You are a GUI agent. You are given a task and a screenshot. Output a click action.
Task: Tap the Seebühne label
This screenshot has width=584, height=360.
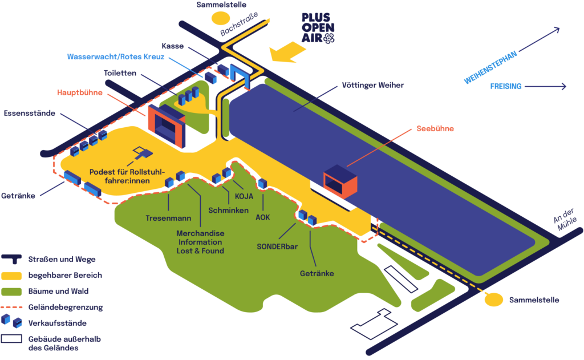pos(435,129)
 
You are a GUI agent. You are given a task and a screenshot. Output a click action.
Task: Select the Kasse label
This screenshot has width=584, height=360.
pos(172,46)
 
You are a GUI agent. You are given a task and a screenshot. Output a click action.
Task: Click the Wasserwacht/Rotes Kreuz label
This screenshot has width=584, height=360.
pos(116,57)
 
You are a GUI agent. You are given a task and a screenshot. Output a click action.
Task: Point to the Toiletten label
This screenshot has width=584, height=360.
pos(120,74)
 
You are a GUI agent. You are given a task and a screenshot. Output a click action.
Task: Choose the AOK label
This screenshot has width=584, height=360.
pos(262,217)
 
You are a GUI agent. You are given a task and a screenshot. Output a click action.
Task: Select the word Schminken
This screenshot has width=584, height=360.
pos(228,211)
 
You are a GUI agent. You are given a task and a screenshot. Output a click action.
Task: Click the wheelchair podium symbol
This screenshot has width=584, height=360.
pos(142,152)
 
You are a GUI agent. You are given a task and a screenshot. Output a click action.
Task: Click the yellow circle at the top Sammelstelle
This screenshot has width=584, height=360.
pos(219,17)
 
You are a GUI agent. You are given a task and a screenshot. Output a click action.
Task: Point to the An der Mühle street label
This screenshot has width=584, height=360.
pos(562,223)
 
